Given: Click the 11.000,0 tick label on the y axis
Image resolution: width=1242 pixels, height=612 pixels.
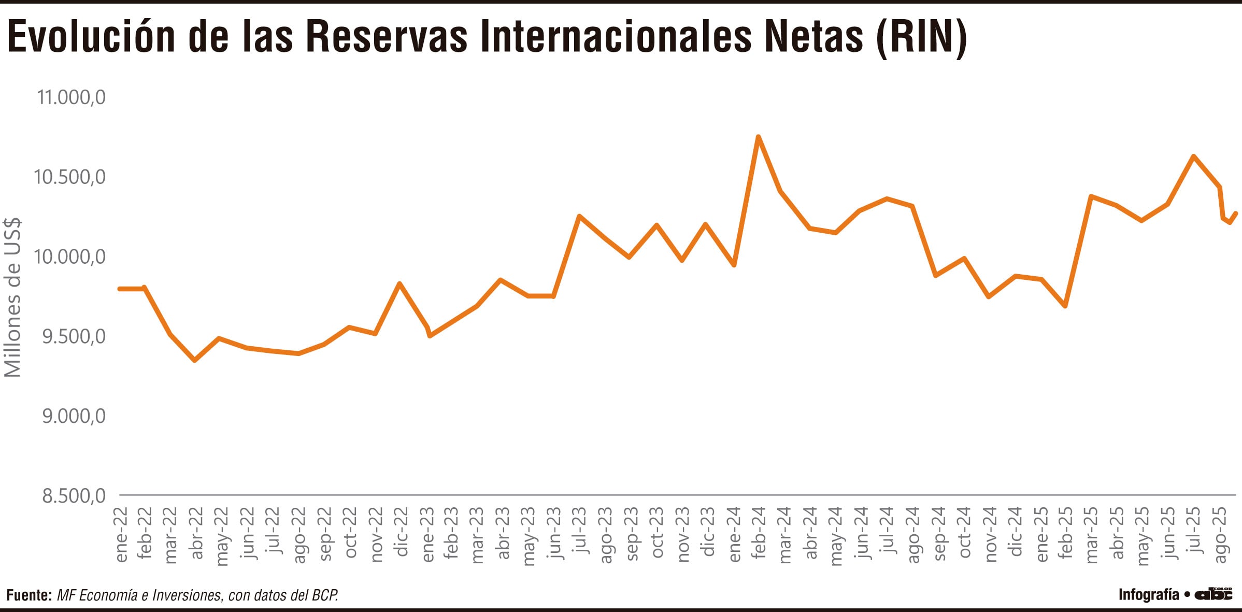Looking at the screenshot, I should [x=71, y=97].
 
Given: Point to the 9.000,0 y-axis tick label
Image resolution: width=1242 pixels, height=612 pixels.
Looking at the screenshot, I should [x=74, y=416].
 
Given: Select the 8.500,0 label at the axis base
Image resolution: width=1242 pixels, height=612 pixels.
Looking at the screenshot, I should [x=74, y=496].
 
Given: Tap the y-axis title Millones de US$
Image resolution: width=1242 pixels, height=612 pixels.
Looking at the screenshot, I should [x=12, y=297].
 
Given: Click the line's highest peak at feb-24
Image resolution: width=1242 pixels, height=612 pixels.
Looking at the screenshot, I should [x=758, y=137].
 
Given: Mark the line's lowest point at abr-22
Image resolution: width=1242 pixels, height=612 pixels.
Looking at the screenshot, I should [x=194, y=360].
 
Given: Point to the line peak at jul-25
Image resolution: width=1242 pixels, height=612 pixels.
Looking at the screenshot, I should [x=1193, y=156].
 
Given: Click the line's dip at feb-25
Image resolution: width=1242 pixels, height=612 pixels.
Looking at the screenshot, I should [x=1065, y=306].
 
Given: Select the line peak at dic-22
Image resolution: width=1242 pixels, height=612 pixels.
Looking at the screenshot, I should [x=399, y=284].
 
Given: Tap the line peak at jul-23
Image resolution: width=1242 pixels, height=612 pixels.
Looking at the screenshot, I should [x=579, y=216].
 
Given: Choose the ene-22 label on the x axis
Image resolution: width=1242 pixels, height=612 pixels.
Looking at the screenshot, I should [x=121, y=534].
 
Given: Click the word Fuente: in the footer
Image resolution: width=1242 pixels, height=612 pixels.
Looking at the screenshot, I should [x=29, y=595].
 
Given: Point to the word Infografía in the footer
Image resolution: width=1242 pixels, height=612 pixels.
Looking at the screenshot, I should [x=1149, y=594].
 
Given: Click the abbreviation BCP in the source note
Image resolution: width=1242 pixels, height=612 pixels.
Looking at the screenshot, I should [x=324, y=595].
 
